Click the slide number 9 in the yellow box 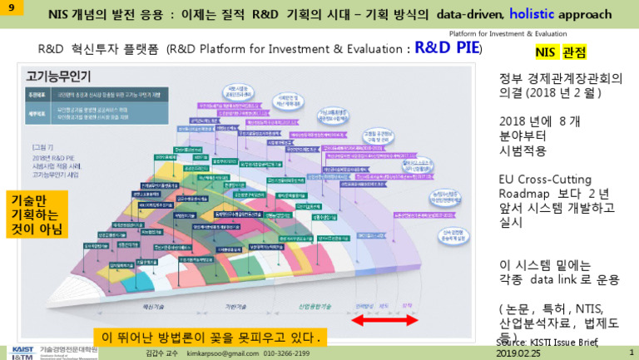[x=8, y=7]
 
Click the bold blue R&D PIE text [x=448, y=48]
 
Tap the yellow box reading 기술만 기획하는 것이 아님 [x=37, y=215]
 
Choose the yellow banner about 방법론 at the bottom [x=209, y=338]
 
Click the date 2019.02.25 [x=518, y=353]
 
